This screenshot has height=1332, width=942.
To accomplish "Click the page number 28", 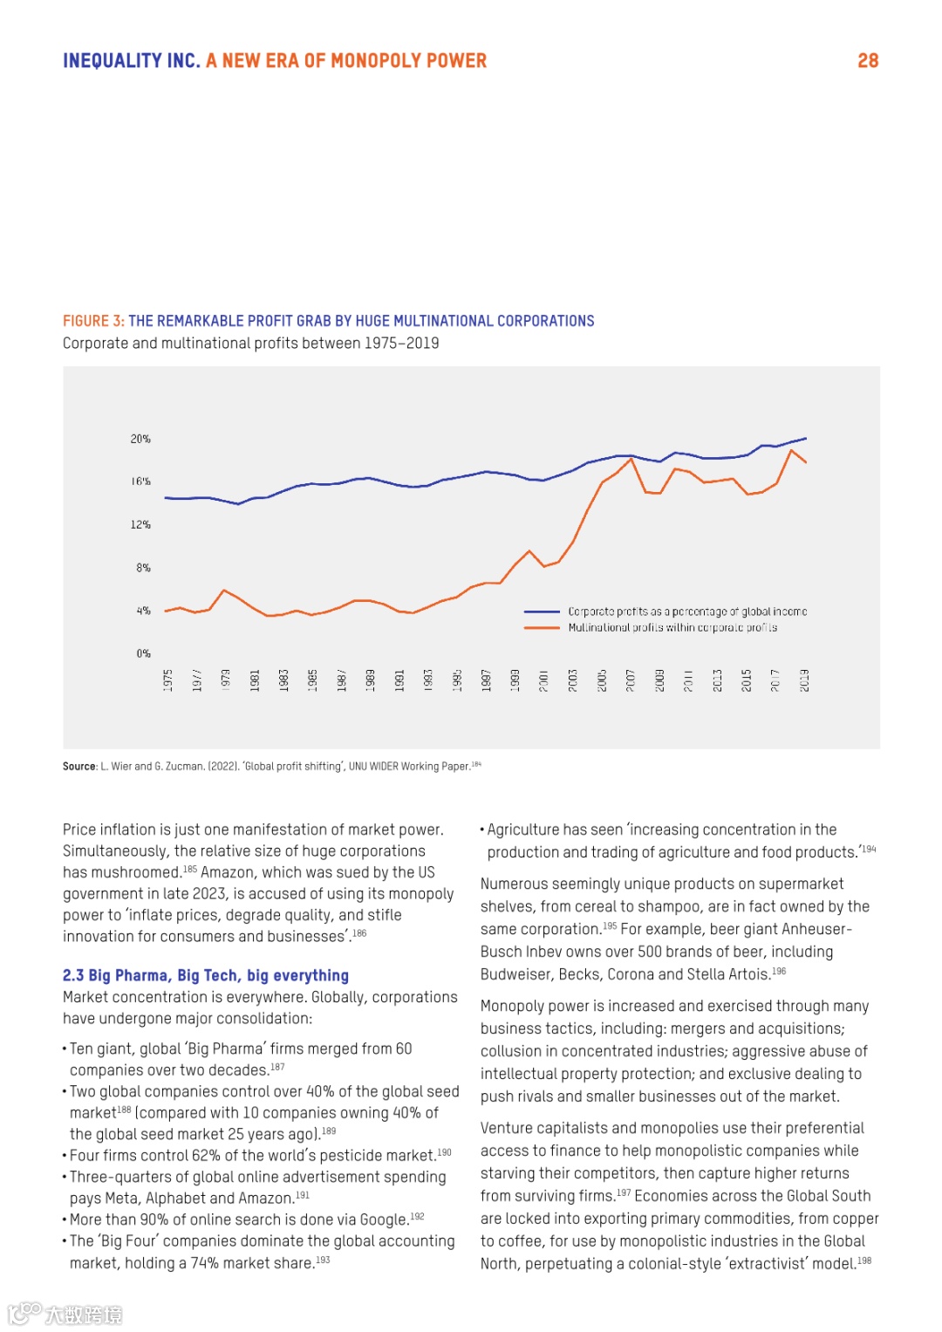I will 868,61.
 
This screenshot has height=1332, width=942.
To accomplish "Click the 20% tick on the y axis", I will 140,439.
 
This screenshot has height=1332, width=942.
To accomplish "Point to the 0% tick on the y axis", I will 143,653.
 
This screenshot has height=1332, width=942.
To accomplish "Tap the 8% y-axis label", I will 143,568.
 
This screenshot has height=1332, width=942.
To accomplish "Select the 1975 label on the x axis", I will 167,680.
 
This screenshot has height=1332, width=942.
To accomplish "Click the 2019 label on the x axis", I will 804,680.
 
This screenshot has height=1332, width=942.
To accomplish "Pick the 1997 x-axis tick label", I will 486,680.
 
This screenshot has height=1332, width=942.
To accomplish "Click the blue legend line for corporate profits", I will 542,612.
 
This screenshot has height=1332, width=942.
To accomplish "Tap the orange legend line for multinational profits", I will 542,628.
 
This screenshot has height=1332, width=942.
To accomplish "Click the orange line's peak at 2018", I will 791,450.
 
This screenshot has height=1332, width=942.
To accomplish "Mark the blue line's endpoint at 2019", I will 805,438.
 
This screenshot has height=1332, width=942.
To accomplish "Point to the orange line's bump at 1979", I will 224,591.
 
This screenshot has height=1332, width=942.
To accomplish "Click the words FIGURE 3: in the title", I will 93,321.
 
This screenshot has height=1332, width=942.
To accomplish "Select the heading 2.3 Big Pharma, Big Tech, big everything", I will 206,975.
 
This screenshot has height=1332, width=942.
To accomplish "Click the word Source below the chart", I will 78,767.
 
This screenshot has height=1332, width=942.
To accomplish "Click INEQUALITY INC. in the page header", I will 132,61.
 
